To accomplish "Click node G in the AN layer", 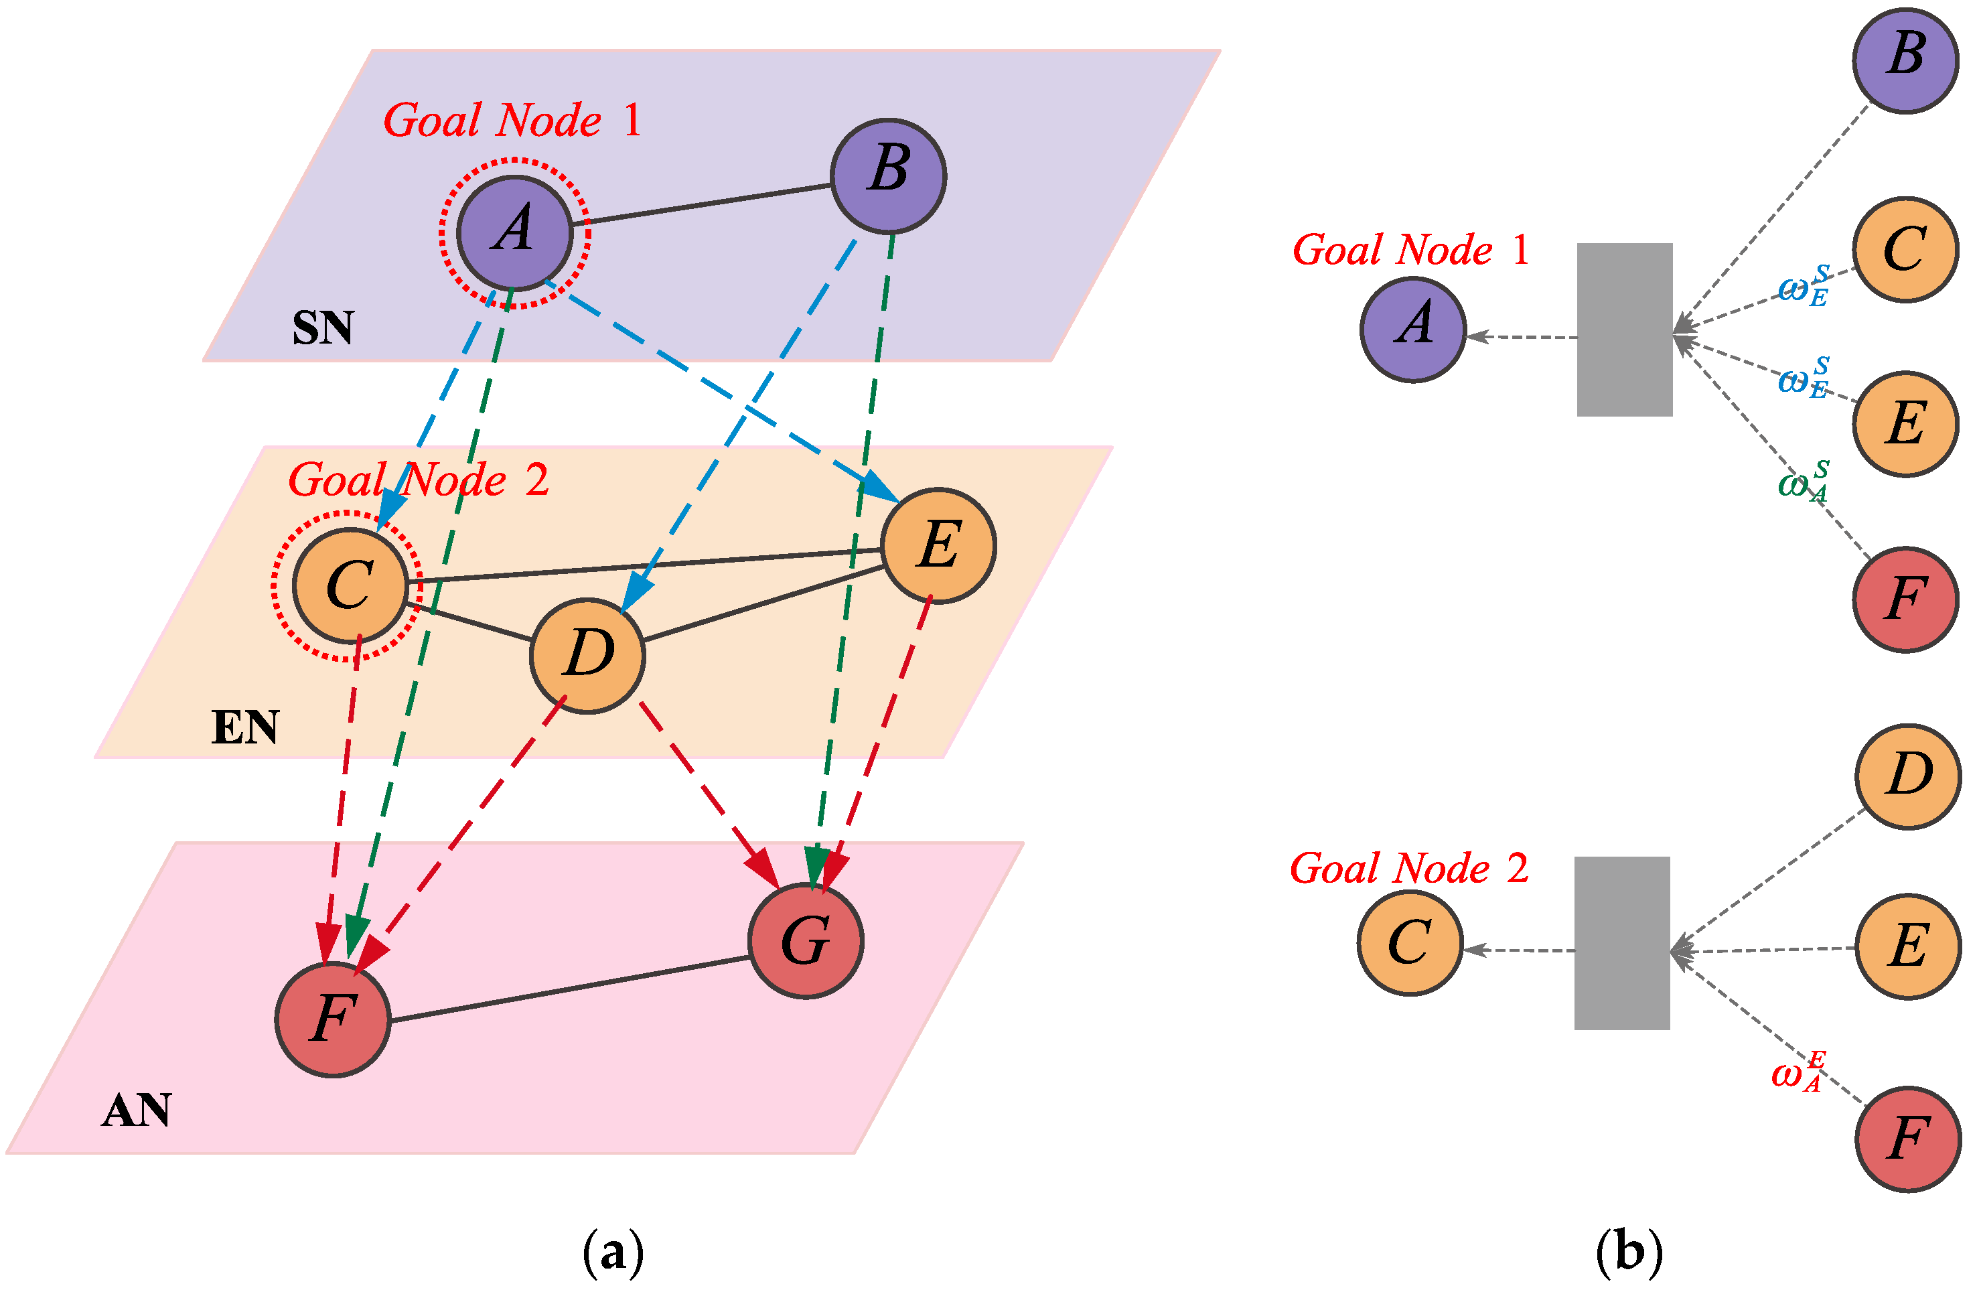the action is point(806,940).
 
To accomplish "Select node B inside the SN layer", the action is point(889,175).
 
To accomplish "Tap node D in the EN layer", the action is point(588,656).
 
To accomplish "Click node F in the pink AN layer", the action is point(333,1019).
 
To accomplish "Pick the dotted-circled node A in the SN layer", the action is point(515,234).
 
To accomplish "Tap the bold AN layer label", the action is point(137,1110).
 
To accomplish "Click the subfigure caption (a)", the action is point(613,1252).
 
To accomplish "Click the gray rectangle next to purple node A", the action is point(1625,330).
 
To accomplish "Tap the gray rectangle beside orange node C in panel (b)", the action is point(1622,943).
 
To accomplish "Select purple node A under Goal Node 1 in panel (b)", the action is point(1412,330).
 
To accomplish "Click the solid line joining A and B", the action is point(701,204).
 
